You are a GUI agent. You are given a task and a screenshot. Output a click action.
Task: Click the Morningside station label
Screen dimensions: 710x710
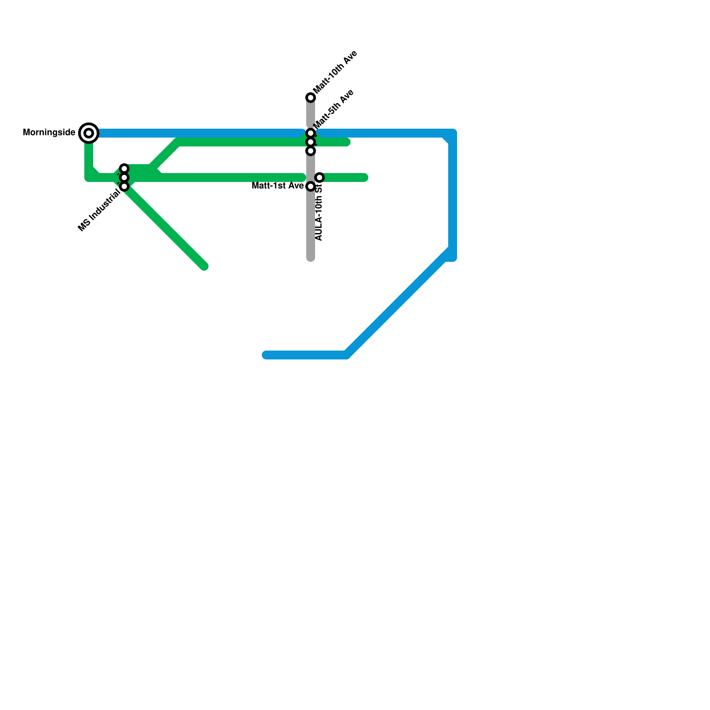click(x=49, y=133)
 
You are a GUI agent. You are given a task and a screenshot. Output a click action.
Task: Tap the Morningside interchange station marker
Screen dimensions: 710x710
click(x=89, y=133)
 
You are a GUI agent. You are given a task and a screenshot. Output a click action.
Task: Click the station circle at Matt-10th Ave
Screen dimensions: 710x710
click(x=311, y=98)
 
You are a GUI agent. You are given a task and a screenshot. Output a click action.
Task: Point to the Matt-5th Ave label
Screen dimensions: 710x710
click(x=334, y=109)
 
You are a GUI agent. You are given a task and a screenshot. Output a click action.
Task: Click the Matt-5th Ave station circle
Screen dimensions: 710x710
click(x=311, y=133)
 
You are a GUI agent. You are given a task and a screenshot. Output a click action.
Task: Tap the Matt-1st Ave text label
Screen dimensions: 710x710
click(x=277, y=186)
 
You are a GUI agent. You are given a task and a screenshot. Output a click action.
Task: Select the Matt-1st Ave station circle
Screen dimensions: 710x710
click(x=311, y=186)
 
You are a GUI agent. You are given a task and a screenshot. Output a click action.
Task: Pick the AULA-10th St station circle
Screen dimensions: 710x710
click(x=319, y=177)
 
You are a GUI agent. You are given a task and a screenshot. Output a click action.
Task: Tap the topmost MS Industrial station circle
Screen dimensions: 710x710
click(x=125, y=169)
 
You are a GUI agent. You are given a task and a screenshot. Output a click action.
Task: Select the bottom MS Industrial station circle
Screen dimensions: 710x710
click(x=125, y=186)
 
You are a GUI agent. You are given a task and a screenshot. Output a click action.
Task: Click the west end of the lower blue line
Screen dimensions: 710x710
click(x=266, y=355)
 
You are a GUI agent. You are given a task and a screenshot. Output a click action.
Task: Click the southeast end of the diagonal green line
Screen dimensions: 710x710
click(x=205, y=266)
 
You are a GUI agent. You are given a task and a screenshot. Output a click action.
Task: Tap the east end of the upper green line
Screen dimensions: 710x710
click(x=347, y=142)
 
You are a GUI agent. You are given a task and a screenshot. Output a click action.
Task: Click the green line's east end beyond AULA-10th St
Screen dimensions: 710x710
click(x=365, y=178)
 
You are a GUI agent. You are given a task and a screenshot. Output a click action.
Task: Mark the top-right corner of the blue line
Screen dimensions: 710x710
click(x=453, y=133)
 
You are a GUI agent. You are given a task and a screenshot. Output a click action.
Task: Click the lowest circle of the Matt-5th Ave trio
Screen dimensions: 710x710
click(x=311, y=151)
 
